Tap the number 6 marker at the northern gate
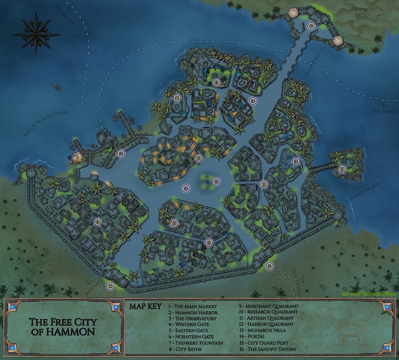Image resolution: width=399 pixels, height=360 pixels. click(x=311, y=26)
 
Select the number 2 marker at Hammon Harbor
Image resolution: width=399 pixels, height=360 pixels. click(x=121, y=154)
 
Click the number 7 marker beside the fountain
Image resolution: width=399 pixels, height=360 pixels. click(x=216, y=182)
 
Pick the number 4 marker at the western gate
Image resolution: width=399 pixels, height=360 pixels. click(x=110, y=286)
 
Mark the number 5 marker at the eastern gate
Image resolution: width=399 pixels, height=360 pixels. click(x=269, y=265)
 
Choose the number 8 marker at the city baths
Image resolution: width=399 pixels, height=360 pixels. click(x=177, y=99)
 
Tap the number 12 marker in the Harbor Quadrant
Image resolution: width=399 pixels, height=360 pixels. click(x=98, y=222)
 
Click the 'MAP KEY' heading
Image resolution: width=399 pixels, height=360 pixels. click(x=145, y=305)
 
